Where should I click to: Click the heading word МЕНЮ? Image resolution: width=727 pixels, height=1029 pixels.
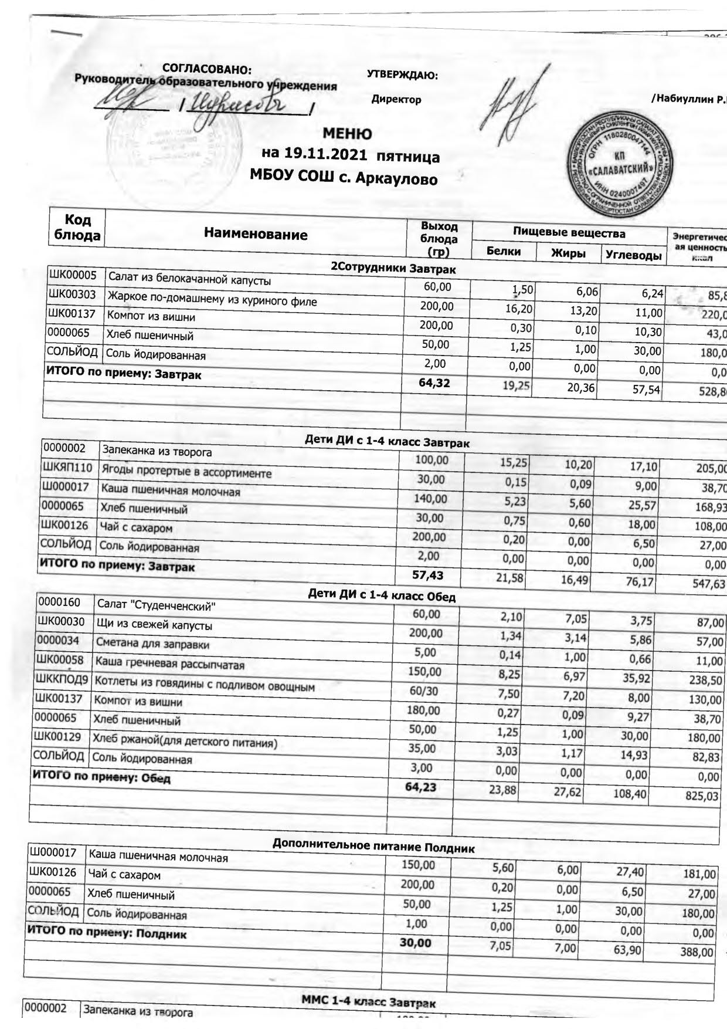pyautogui.click(x=347, y=134)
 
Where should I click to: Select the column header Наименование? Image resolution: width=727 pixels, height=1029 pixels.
pyautogui.click(x=256, y=235)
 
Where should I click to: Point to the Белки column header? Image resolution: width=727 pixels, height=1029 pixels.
pyautogui.click(x=504, y=251)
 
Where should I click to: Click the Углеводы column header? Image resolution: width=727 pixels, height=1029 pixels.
pyautogui.click(x=633, y=255)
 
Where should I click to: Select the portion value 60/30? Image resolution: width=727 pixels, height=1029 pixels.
pyautogui.click(x=423, y=691)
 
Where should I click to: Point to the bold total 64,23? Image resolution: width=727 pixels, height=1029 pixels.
pyautogui.click(x=421, y=787)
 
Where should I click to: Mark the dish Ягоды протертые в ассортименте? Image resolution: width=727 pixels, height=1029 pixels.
pyautogui.click(x=186, y=471)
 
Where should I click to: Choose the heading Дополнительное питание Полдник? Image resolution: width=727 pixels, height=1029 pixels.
pyautogui.click(x=373, y=847)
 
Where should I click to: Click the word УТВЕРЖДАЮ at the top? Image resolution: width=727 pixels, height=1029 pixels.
pyautogui.click(x=402, y=75)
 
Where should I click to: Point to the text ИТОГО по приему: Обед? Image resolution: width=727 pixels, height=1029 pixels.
pyautogui.click(x=100, y=777)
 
